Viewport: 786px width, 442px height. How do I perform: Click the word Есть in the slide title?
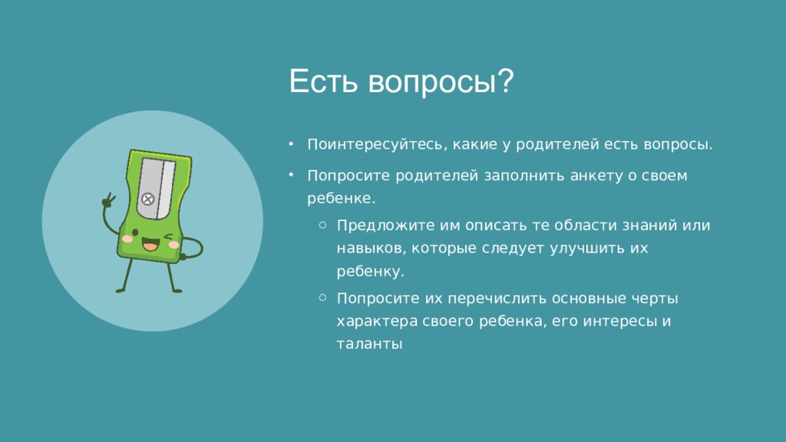point(323,81)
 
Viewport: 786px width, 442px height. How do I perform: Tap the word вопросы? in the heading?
point(441,82)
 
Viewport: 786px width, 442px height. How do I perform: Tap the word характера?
point(377,322)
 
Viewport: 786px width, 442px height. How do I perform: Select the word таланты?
point(369,345)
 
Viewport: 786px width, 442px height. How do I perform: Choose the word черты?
point(654,299)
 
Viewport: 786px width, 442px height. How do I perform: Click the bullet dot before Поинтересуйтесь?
point(291,144)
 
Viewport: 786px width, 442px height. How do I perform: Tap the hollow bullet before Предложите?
point(323,225)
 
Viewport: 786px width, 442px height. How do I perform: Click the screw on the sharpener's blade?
point(147,199)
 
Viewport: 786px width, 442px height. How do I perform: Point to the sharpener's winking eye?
point(169,236)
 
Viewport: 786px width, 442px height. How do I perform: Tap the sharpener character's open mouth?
point(150,245)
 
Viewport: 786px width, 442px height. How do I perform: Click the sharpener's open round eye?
point(135,233)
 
